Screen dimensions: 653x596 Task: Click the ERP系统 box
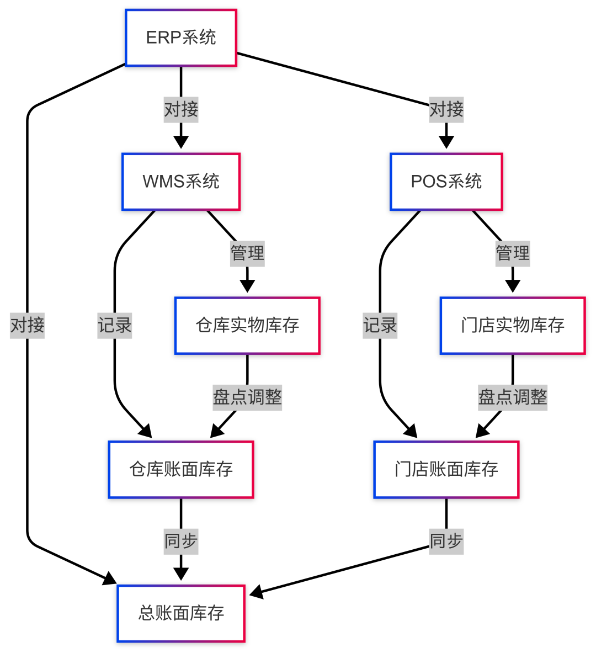181,38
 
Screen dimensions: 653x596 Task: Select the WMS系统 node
181,182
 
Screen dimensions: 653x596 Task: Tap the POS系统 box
446,182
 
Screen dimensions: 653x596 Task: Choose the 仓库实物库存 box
247,326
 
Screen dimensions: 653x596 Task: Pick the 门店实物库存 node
513,326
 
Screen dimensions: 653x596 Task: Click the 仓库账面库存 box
181,470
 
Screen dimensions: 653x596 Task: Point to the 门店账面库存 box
446,470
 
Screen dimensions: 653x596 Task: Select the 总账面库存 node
181,613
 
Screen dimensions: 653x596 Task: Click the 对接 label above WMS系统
181,110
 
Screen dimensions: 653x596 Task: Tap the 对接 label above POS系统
446,110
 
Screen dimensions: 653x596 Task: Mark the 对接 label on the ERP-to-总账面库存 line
27,325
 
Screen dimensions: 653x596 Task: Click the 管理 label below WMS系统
247,253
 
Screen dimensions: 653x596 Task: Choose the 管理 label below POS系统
513,253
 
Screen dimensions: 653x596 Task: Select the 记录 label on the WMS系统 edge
115,325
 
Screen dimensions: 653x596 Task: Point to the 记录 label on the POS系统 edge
380,325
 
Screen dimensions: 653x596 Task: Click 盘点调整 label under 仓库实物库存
247,397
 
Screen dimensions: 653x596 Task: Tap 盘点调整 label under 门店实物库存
513,397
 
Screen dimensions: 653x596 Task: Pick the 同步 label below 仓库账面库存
181,541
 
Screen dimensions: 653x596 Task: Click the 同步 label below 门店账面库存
446,541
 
